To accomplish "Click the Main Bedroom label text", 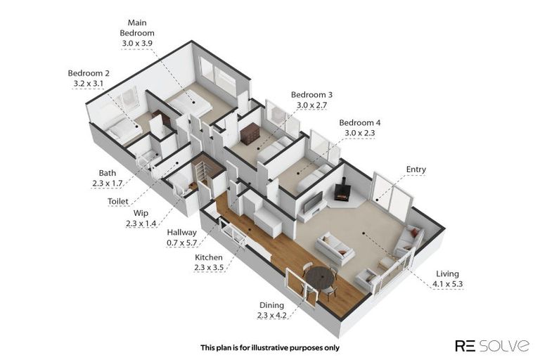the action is tap(137, 28).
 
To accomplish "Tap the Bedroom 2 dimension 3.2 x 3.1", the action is tap(88, 84).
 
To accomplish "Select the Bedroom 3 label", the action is tap(311, 94).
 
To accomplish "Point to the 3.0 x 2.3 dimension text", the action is tap(360, 133).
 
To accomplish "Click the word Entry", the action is tap(416, 169).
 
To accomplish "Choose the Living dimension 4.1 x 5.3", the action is tap(448, 284).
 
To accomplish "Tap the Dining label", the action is tap(271, 305).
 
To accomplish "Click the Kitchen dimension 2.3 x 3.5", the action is tap(209, 267).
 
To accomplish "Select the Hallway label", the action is tap(181, 233).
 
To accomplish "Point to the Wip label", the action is tap(141, 213).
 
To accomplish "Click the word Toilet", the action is tap(118, 201).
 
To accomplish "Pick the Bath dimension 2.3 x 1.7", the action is tap(108, 184).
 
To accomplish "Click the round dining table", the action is tap(321, 277).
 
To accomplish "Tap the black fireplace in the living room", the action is tap(342, 191).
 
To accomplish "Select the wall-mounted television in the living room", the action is tap(313, 202).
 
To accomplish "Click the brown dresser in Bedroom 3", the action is tap(250, 133).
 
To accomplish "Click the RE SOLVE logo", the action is tap(492, 345).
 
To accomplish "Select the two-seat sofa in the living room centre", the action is tap(334, 248).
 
